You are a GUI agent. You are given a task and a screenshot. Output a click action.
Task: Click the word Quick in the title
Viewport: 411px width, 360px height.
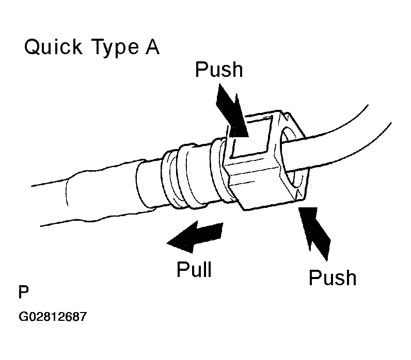point(53,46)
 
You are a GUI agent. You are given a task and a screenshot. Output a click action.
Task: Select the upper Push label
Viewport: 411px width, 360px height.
point(219,70)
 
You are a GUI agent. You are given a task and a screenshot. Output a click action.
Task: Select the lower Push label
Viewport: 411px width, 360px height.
point(333,277)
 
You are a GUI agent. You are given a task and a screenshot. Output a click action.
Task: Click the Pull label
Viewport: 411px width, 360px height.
point(194,269)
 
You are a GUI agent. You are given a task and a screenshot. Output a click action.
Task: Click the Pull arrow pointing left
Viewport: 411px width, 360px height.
point(195,237)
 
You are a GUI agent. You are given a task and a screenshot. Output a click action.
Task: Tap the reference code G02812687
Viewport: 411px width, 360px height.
point(53,317)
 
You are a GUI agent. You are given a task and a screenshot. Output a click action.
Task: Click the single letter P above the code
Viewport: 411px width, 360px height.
point(23,292)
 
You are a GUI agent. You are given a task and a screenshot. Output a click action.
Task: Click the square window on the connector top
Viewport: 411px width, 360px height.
point(250,138)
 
